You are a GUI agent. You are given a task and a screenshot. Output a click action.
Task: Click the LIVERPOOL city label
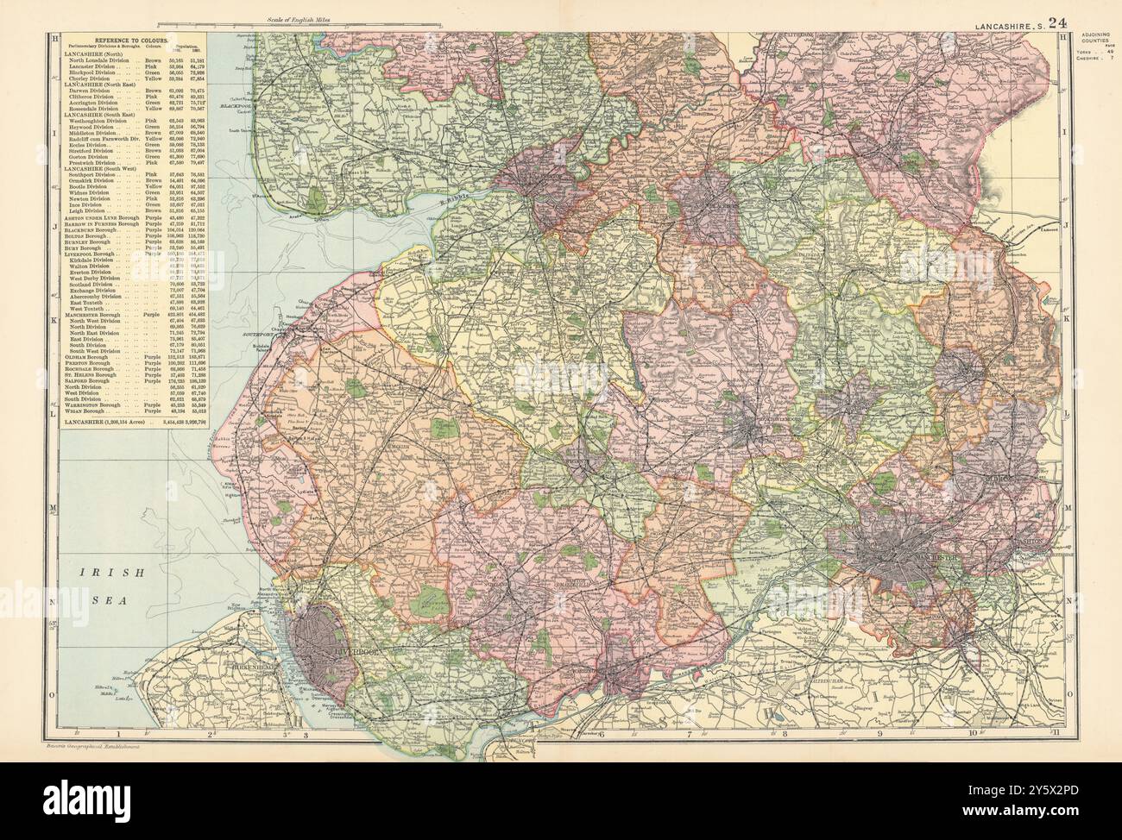(352, 652)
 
